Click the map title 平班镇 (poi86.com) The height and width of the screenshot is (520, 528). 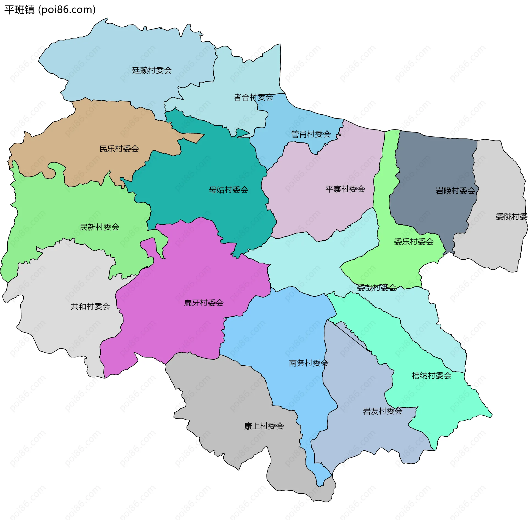coord(50,10)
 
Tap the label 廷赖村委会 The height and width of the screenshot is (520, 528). coord(152,70)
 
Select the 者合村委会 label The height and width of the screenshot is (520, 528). coord(253,97)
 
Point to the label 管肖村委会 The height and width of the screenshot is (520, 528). coord(311,134)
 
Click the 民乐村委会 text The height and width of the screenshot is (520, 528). coord(119,149)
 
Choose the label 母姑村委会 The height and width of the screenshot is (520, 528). coord(228,190)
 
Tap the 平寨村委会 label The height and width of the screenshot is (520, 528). coord(345,189)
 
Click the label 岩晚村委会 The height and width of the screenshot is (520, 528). coord(455,191)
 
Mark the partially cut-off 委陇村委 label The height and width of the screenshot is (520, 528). coord(511,217)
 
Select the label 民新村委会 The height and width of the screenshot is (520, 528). coord(99,227)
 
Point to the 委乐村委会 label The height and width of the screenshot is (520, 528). coord(414,242)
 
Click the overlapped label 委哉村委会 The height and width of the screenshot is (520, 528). coord(377,288)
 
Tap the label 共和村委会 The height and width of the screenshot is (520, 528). coord(90,306)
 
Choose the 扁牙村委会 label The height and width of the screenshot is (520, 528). coord(204,303)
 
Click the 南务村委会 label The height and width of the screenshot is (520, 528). coord(309,363)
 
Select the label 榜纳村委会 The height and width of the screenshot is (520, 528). coord(431,375)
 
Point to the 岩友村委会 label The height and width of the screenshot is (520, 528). coord(383,411)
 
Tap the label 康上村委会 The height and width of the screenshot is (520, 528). coord(264,426)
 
